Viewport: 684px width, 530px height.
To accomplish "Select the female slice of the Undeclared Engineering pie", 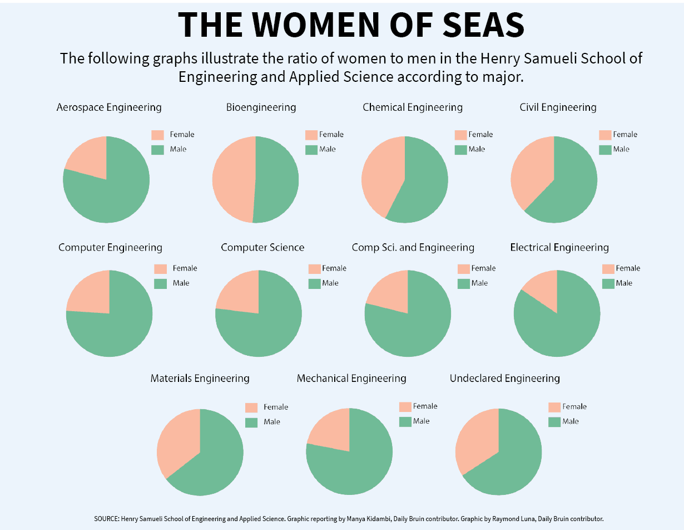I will coord(475,440).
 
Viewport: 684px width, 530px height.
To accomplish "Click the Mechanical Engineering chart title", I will coord(351,379).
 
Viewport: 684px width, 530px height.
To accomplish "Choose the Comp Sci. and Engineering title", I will coord(413,247).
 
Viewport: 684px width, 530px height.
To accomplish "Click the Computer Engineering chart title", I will coord(110,247).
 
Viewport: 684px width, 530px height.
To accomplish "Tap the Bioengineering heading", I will coord(261,107).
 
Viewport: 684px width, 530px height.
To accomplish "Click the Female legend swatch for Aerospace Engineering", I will coord(158,135).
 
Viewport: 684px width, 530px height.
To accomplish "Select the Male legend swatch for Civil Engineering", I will coord(605,149).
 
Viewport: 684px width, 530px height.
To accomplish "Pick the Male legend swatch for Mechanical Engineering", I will coord(405,421).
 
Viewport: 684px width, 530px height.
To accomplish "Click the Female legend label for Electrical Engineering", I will coord(628,268).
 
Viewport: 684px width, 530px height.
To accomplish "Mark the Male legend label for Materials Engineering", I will coord(272,422).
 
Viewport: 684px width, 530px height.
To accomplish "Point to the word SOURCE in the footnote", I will coord(106,518).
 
